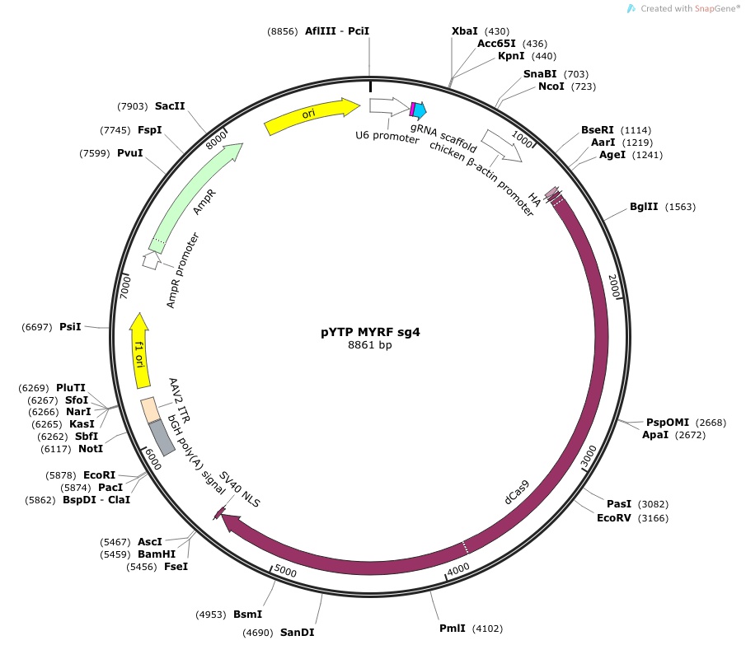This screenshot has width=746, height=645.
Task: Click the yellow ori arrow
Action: pos(312,116)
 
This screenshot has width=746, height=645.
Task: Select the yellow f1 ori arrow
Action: pos(139,351)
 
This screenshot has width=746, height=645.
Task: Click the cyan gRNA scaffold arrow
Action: pos(420,110)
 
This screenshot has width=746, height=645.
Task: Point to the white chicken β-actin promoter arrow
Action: pos(501,146)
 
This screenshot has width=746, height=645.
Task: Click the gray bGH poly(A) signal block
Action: pos(162,437)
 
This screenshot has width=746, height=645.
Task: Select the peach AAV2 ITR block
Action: pos(150,409)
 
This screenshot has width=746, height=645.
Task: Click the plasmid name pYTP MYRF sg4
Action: pos(370,332)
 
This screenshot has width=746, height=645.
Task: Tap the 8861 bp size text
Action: pos(370,344)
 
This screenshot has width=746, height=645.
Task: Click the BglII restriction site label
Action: pos(644,206)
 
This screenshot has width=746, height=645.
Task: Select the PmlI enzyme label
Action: pos(453,628)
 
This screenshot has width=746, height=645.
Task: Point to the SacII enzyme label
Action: pos(170,105)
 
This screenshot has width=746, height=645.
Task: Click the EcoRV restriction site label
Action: pos(614,517)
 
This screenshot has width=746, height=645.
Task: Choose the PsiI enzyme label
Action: pos(70,326)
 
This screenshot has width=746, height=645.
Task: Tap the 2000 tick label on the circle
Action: pos(614,286)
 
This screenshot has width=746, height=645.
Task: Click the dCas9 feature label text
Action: pos(517,493)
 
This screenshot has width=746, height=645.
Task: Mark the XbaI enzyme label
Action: pos(464,31)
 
